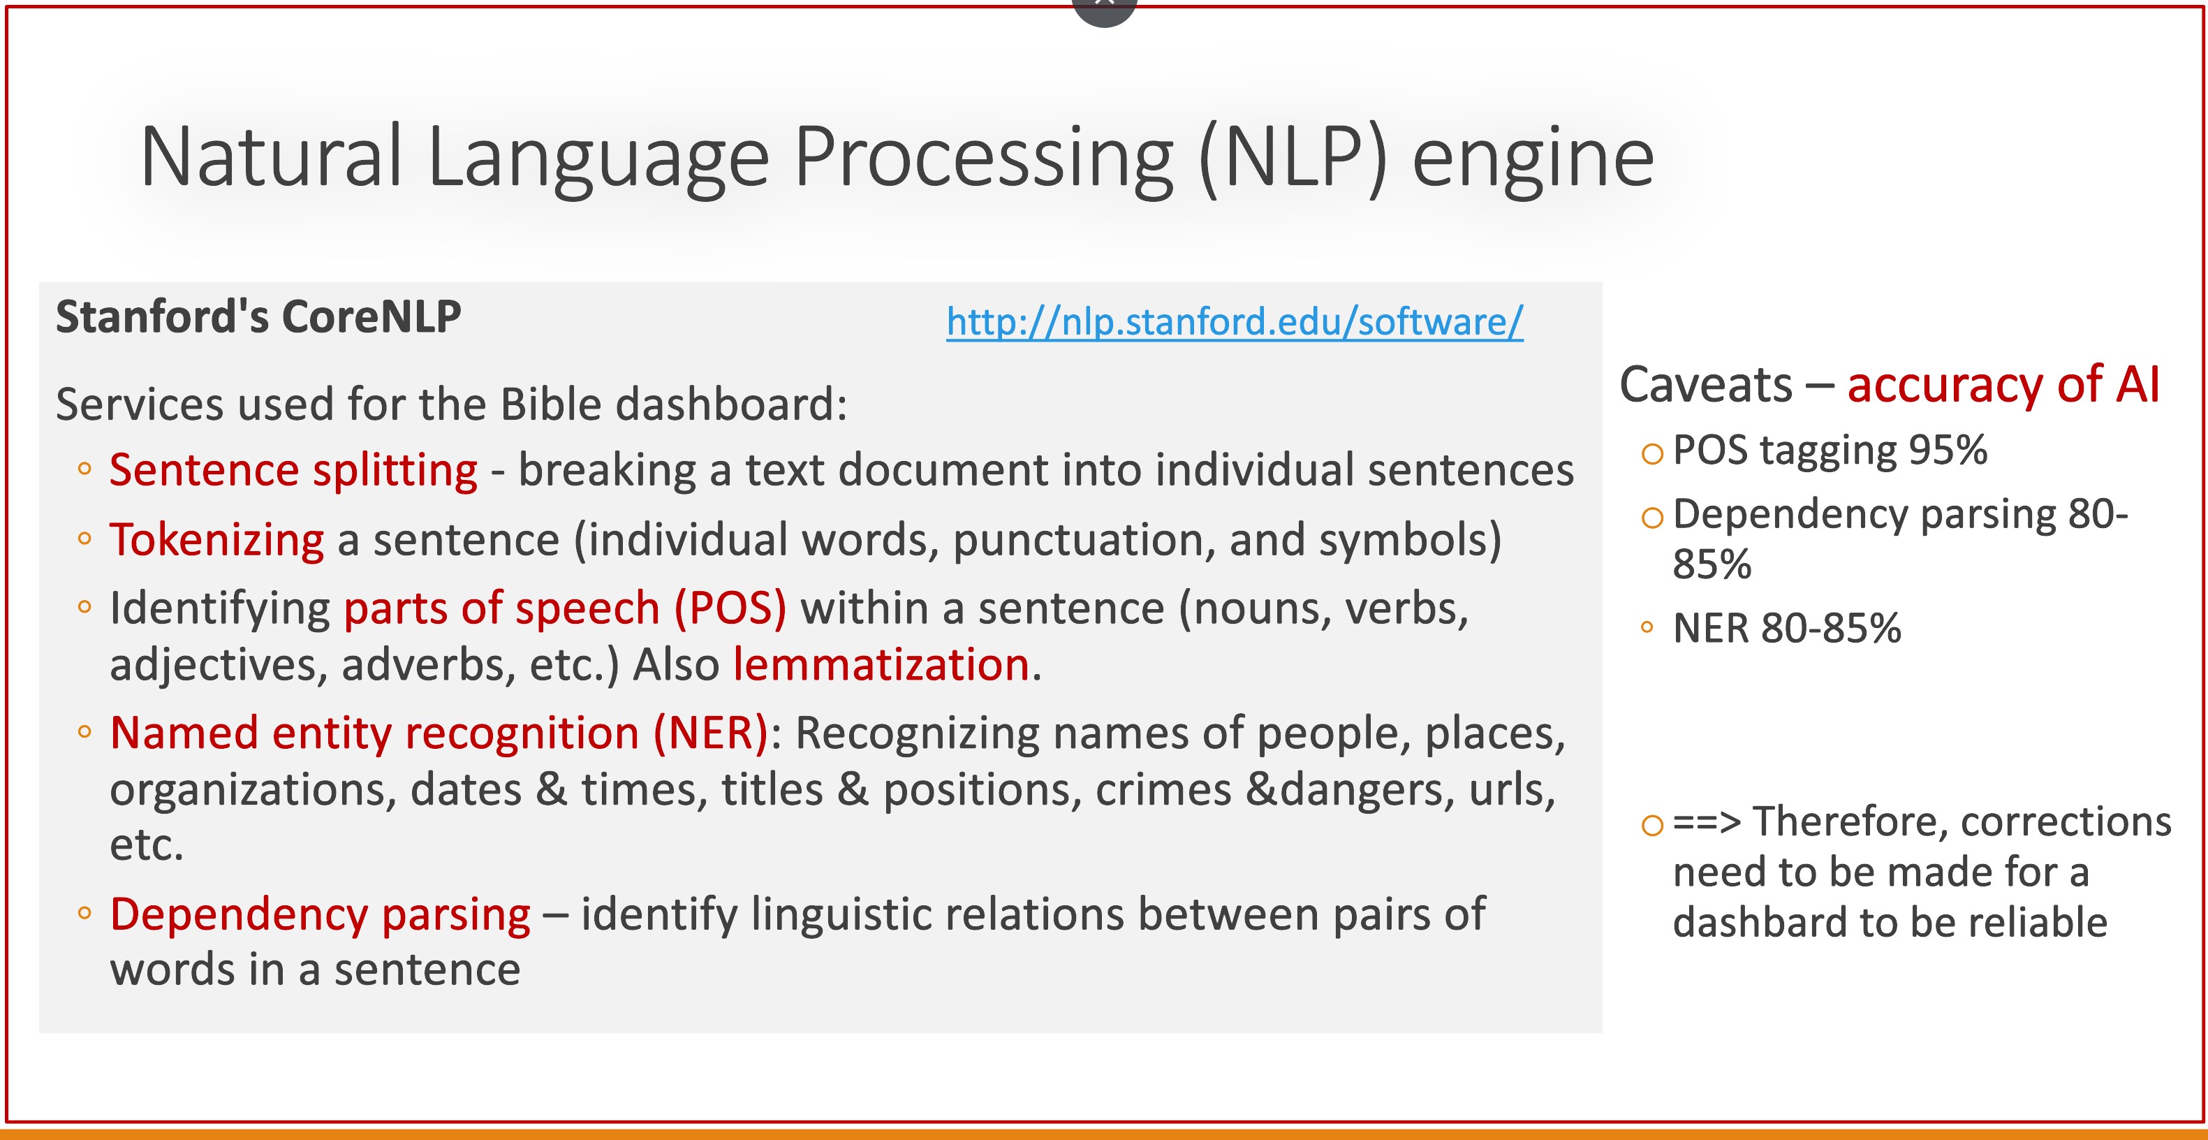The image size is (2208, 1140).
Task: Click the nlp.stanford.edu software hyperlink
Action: (1235, 322)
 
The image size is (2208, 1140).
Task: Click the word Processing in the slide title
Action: (983, 159)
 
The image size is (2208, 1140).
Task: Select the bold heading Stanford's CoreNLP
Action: (258, 316)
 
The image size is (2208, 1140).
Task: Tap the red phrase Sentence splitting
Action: (293, 471)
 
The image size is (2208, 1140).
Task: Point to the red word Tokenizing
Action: (217, 541)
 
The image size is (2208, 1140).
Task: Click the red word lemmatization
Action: (881, 664)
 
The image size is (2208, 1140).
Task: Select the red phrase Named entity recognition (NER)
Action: (439, 733)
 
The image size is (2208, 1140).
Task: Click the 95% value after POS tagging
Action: (1948, 450)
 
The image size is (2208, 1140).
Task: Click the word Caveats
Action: (1706, 384)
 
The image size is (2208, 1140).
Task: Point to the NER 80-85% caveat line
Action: (1787, 628)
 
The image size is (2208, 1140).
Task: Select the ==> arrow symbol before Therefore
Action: (1707, 822)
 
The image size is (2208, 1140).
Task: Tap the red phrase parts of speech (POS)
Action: (565, 609)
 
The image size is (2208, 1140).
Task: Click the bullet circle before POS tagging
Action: (1651, 453)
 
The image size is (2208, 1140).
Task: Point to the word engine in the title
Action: (1533, 160)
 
